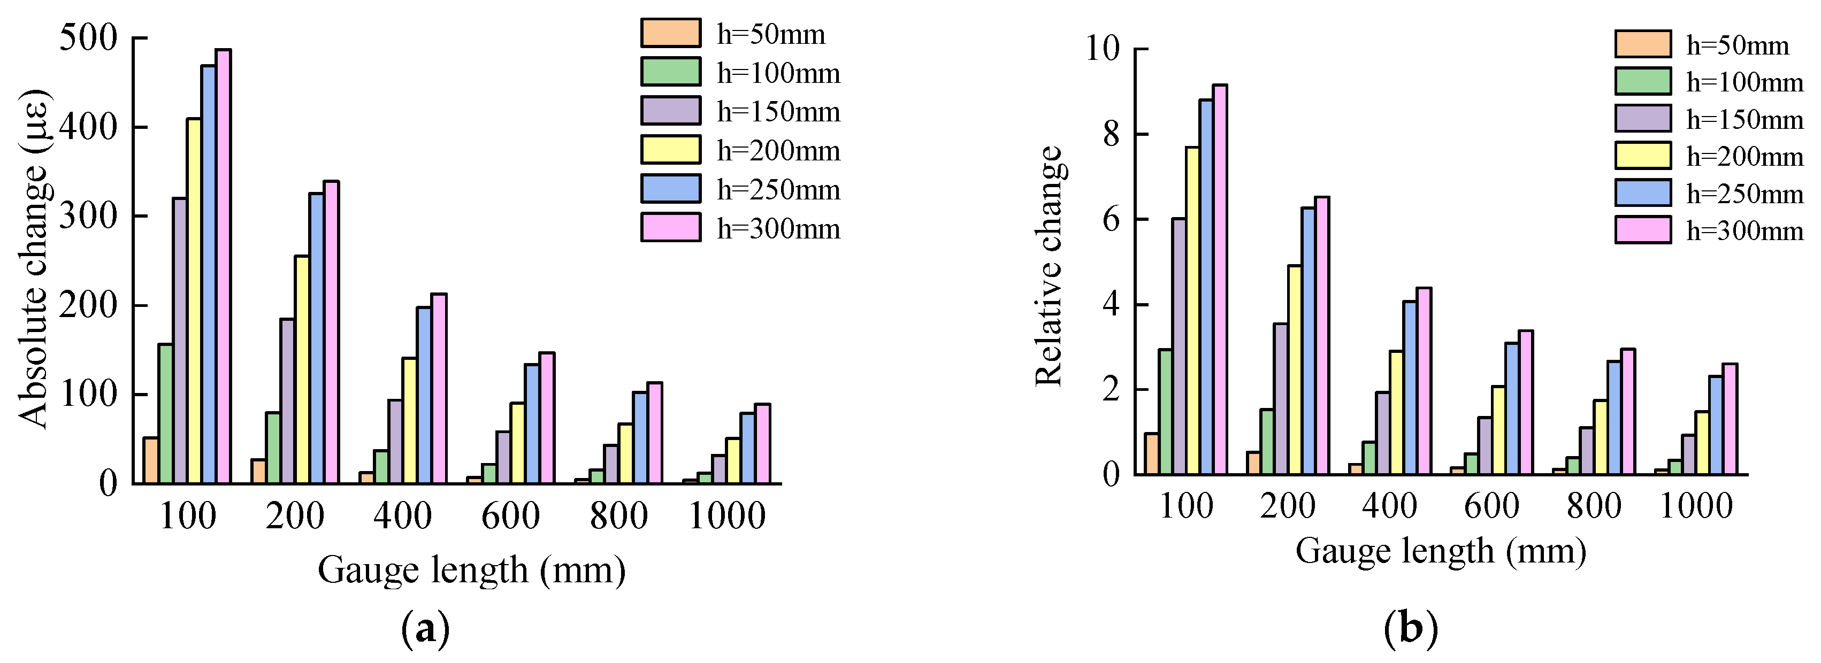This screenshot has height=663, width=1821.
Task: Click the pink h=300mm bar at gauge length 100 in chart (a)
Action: click(224, 266)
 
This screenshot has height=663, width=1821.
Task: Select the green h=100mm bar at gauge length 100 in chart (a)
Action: click(165, 413)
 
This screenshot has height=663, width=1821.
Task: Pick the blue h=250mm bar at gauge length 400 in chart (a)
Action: click(424, 395)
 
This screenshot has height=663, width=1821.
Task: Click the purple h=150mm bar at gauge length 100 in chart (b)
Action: click(1179, 346)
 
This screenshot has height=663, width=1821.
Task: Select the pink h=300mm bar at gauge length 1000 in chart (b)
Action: click(1730, 419)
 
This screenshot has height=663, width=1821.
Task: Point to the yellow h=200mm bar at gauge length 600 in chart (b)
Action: click(1498, 430)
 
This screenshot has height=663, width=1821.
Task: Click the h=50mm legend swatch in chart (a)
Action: click(671, 33)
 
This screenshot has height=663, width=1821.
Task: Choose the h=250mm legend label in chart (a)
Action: click(778, 189)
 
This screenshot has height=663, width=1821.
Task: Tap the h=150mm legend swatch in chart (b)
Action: click(1643, 119)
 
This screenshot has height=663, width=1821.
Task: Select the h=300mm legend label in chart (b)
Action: click(1745, 230)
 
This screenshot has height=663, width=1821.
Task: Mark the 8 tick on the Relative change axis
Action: click(1111, 134)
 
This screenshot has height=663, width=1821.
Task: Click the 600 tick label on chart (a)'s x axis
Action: click(510, 516)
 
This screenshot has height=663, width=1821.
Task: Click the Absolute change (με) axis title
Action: click(33, 258)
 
